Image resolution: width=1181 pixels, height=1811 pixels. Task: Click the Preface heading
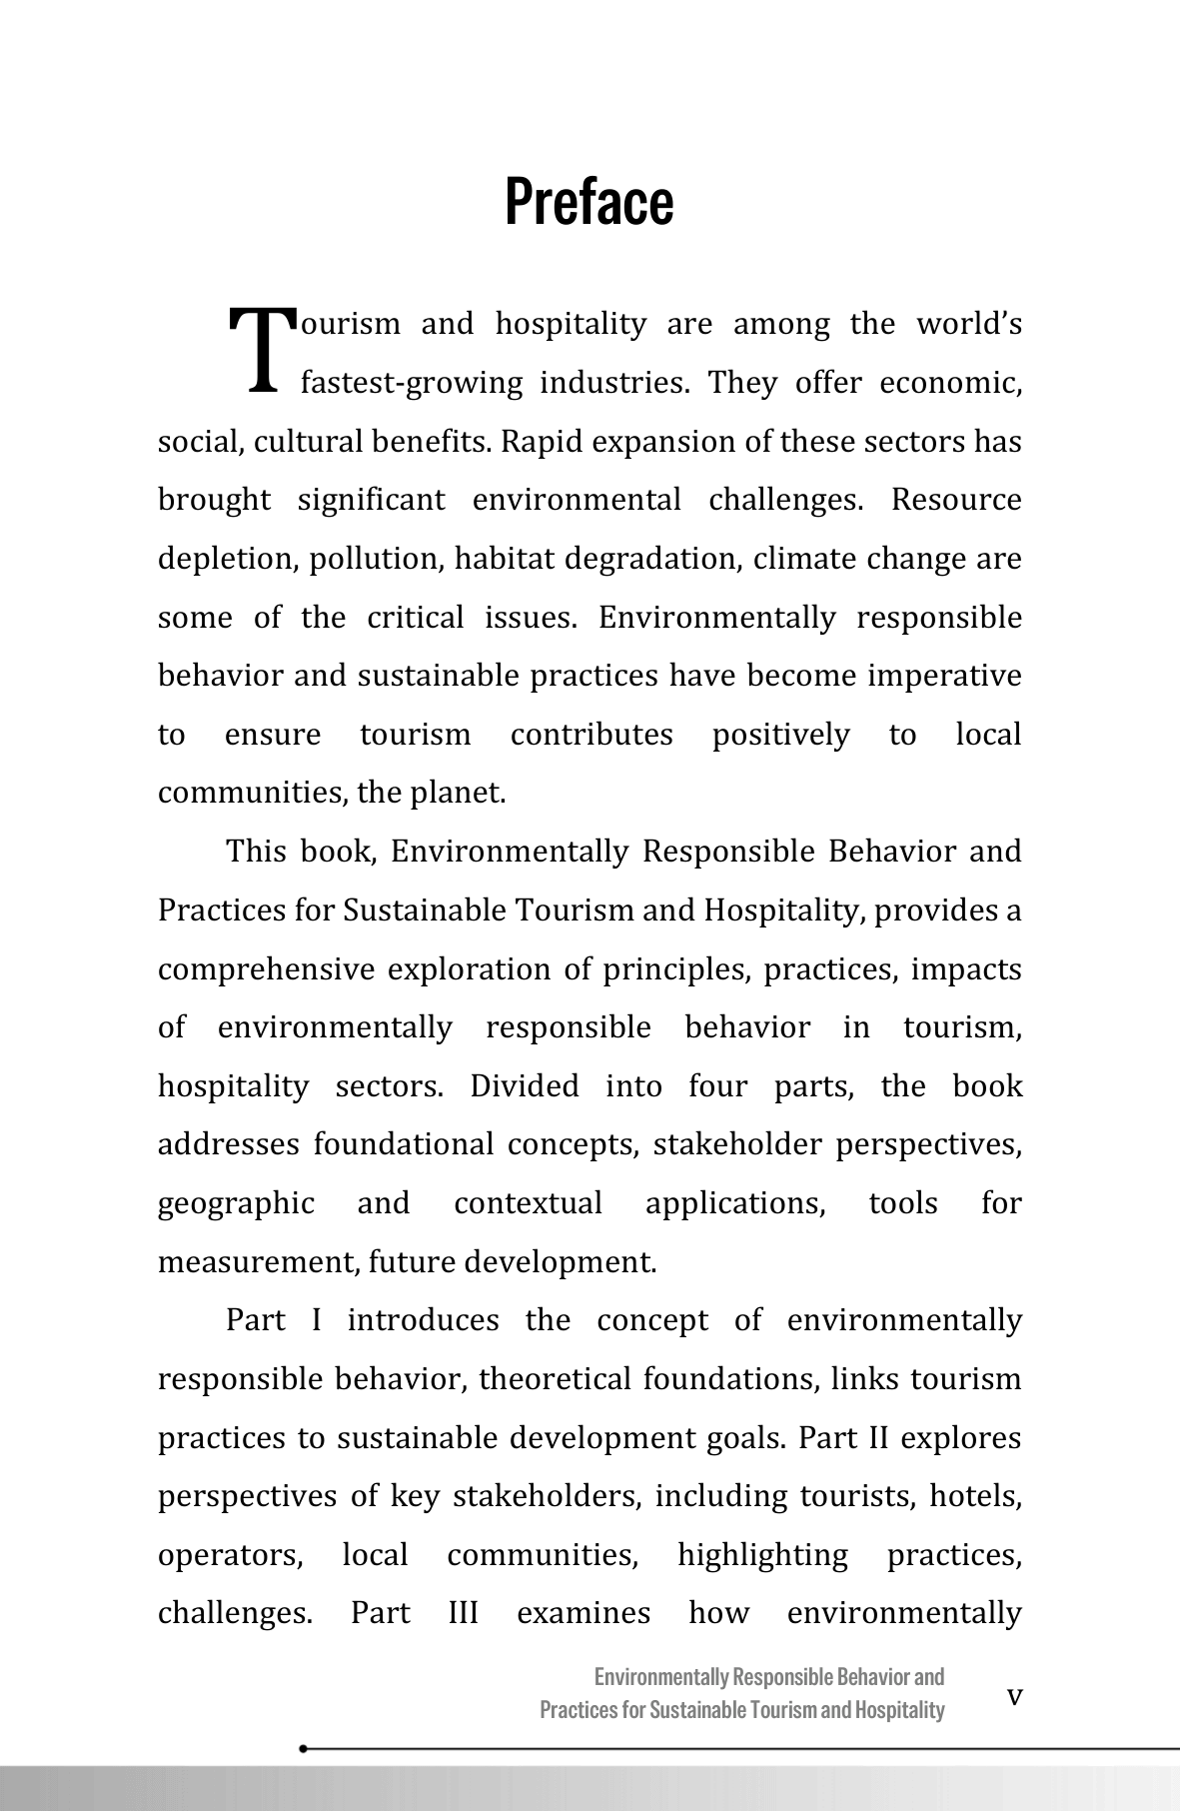(590, 201)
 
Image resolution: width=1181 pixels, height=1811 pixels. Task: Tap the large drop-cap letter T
(263, 349)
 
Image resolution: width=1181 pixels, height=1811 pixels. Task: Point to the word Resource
(956, 500)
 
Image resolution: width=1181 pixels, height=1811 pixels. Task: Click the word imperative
(944, 677)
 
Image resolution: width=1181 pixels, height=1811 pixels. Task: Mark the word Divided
(525, 1086)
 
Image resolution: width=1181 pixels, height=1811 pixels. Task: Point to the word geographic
(236, 1203)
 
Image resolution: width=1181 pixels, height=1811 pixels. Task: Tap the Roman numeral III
(463, 1614)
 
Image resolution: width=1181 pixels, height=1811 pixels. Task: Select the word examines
(583, 1614)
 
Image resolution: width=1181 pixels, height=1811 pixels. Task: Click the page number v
(1015, 1696)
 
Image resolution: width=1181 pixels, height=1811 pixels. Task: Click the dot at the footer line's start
(303, 1749)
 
